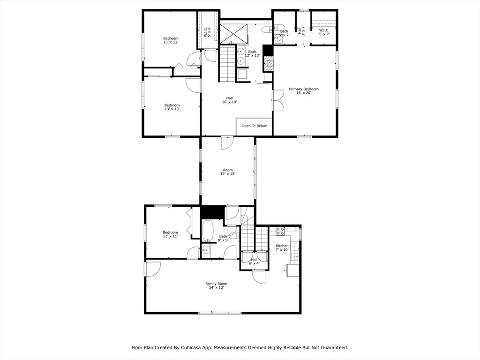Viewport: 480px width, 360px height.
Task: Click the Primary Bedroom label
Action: click(304, 91)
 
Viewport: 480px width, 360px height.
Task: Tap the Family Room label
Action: click(217, 285)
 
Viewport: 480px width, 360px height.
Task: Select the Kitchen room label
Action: click(282, 247)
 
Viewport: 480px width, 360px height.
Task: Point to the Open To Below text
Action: click(254, 126)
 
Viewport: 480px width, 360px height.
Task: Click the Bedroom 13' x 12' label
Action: click(171, 40)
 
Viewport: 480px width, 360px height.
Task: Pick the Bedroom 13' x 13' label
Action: click(172, 107)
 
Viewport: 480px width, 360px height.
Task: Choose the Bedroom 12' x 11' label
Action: click(170, 234)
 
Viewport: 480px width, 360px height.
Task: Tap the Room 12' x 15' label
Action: click(228, 172)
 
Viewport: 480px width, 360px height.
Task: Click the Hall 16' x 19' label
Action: click(230, 100)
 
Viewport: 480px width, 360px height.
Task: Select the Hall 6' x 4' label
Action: click(254, 262)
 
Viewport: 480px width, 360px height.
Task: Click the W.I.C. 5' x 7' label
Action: click(324, 32)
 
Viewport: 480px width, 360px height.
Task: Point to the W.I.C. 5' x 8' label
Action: click(208, 32)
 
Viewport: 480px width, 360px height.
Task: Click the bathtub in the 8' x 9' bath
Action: click(208, 231)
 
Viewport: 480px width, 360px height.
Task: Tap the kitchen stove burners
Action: click(280, 231)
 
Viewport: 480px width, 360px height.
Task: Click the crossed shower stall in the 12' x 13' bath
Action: click(233, 33)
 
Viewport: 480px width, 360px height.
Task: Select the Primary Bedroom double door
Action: click(278, 100)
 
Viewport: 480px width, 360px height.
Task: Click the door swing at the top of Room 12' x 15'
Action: click(227, 143)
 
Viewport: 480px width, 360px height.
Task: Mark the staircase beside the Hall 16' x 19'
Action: click(227, 63)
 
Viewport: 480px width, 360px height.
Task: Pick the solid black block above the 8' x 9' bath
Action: click(212, 212)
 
